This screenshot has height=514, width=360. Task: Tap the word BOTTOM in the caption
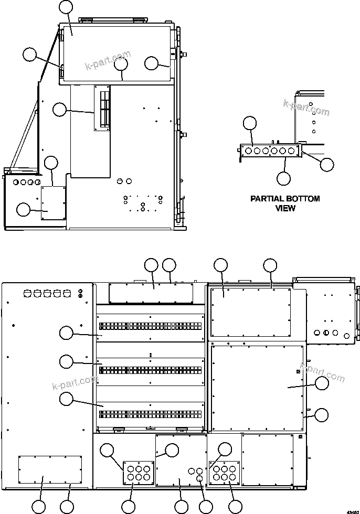pos(303,199)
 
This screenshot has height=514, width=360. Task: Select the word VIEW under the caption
pos(285,208)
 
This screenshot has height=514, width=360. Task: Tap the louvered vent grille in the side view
pos(102,108)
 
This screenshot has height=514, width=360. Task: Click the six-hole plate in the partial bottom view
pos(270,151)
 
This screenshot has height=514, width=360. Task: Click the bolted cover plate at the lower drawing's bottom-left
pos(50,469)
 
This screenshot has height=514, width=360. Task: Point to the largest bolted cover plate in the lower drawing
pos(257,386)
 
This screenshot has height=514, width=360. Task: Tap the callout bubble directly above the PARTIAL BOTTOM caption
pos(283,178)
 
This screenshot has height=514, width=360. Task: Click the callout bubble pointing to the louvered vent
pos(60,110)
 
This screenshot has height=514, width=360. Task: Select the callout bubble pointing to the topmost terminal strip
pos(66,333)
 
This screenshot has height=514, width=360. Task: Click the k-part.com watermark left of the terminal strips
pos(75,382)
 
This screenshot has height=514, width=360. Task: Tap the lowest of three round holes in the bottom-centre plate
pos(199,479)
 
